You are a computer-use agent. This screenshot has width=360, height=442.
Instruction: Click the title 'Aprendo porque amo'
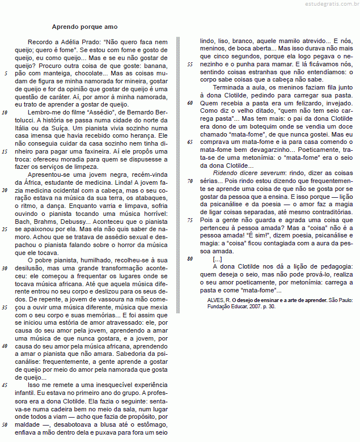coord(84,27)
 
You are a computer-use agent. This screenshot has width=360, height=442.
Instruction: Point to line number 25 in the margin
coord(5,229)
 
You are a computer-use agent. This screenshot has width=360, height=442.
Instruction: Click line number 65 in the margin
coord(190,142)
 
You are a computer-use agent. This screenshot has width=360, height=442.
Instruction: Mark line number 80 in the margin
coord(190,258)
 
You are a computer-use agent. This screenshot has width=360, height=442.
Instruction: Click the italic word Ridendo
coord(226,173)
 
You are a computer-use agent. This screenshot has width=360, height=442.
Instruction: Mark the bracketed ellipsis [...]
coord(217,259)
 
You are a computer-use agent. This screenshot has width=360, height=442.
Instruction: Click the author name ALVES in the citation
coord(215,299)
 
